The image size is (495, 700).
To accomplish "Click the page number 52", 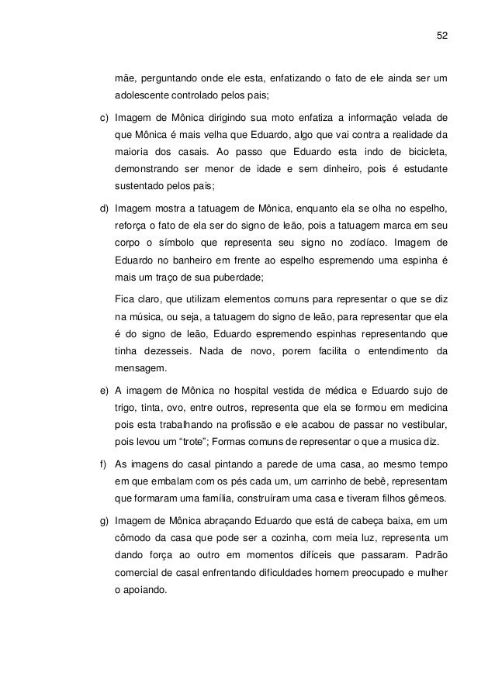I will point(443,35).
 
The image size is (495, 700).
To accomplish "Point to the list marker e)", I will point(96,388).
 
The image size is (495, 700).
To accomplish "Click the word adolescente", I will point(142,97).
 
